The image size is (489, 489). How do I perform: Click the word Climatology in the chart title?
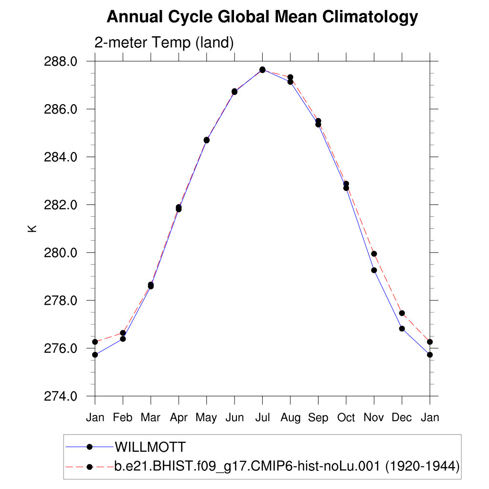pos(370,18)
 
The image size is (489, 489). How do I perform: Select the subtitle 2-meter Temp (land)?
pos(164,43)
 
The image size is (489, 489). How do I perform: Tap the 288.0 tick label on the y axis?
pos(61,62)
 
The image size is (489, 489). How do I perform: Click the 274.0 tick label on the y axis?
pos(61,396)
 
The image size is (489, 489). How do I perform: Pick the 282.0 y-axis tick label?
pos(61,205)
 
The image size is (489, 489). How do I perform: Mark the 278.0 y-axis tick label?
pos(61,301)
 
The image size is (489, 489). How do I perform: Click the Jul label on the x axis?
pos(262,418)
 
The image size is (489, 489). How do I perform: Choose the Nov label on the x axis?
pos(374,418)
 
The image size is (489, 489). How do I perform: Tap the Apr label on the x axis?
pos(179,418)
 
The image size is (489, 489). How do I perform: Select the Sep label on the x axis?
pos(318,418)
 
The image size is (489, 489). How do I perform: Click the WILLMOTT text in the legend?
pos(149,447)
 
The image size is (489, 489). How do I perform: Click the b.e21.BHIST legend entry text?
pos(287,466)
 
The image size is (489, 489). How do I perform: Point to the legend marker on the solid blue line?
pos(89,447)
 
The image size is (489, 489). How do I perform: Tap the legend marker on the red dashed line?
pos(89,467)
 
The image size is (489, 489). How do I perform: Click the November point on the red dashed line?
pos(374,254)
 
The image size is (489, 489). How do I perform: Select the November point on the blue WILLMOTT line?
pos(374,270)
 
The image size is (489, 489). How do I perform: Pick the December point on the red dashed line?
pos(402,313)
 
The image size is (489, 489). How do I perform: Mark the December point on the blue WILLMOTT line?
pos(402,329)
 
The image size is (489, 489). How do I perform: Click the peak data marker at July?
pos(262,70)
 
